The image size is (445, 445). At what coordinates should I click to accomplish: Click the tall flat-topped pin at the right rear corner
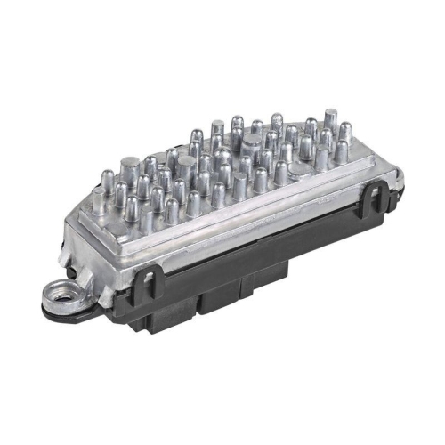point(330,117)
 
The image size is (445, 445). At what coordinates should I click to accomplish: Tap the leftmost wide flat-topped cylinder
point(130,166)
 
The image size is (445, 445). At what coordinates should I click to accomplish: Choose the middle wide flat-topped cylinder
point(186,165)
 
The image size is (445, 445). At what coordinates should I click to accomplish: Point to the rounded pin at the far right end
point(342,152)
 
